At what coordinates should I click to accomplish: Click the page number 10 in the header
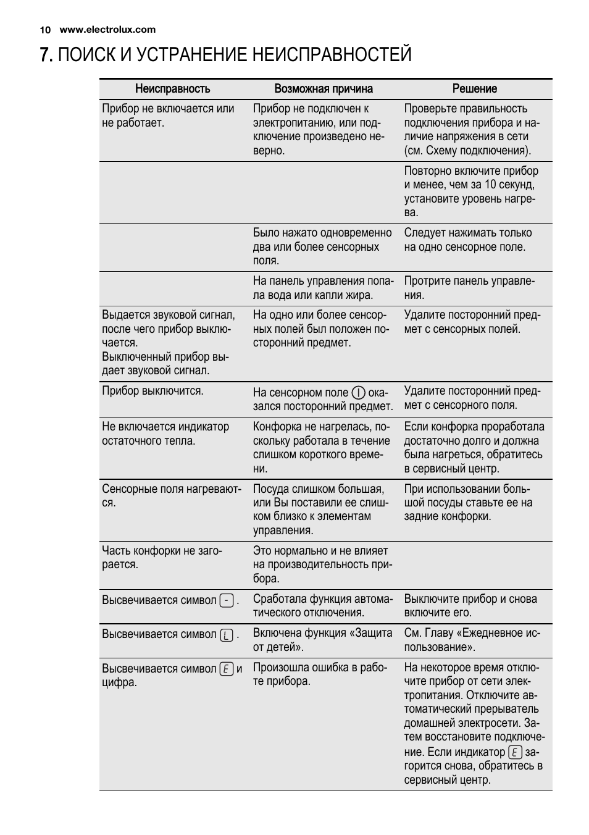[x=44, y=30]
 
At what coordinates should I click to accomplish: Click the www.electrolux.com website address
[x=107, y=30]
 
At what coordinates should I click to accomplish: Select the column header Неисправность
[x=172, y=89]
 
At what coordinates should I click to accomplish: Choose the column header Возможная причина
[x=324, y=89]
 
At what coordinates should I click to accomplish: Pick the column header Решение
[x=474, y=89]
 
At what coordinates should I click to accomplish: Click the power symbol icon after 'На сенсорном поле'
[x=359, y=393]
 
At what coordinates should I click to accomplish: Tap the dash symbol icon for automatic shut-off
[x=227, y=600]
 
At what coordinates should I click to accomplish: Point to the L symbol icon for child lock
[x=227, y=635]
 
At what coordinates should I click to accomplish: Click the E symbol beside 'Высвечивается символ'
[x=227, y=669]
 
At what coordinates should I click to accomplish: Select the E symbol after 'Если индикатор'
[x=515, y=752]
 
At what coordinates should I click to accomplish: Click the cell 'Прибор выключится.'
[x=152, y=391]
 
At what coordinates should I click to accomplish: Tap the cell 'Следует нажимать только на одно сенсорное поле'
[x=467, y=240]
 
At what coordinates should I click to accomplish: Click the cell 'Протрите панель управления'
[x=469, y=288]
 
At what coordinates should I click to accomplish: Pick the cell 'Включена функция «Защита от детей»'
[x=322, y=640]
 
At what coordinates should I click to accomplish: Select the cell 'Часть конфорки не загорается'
[x=162, y=557]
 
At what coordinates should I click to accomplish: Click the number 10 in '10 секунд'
[x=490, y=185]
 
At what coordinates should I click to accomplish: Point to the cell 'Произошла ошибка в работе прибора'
[x=320, y=674]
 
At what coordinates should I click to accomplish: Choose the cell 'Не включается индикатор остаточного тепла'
[x=165, y=434]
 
